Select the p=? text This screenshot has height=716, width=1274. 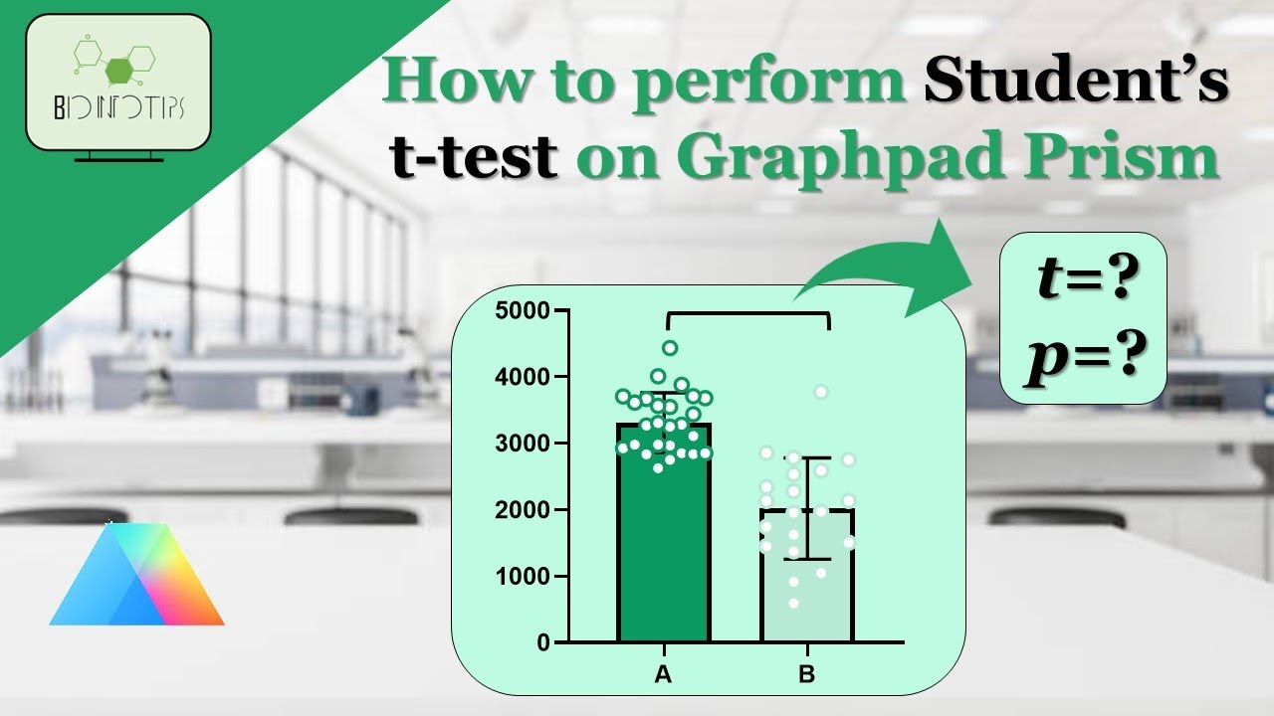coord(1082,353)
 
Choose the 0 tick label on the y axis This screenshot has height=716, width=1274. coord(542,643)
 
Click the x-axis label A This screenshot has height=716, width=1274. coord(663,675)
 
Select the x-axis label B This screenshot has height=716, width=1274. coord(806,675)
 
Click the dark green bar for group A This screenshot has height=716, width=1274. coord(663,557)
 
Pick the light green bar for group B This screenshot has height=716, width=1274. coord(806,587)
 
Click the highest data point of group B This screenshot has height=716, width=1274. coord(821,392)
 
